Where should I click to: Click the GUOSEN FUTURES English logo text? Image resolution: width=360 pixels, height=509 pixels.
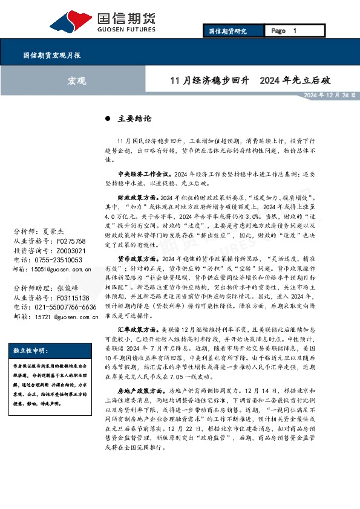(x=127, y=28)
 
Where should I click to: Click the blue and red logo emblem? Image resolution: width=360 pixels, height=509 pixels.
(x=74, y=19)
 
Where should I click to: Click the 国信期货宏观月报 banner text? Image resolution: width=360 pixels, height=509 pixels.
(x=51, y=54)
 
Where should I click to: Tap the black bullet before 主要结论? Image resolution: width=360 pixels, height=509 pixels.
(x=107, y=119)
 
